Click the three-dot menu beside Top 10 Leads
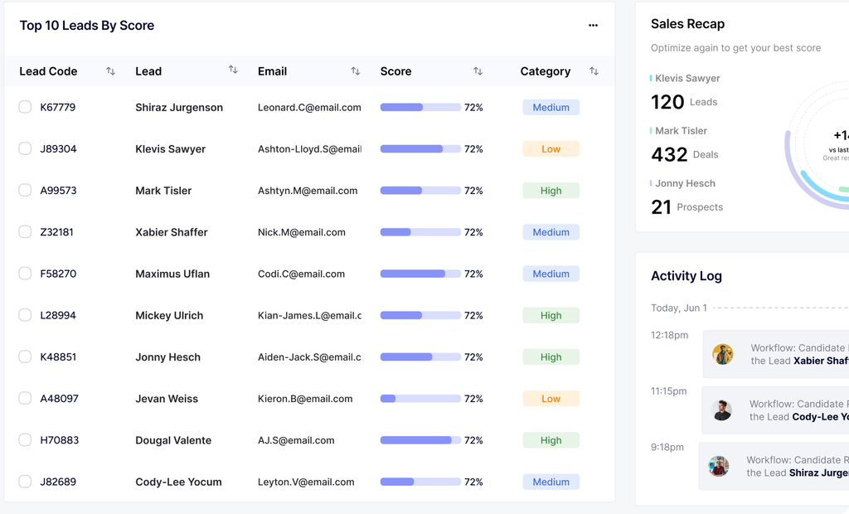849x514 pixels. coord(593,26)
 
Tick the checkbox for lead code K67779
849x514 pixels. coord(25,107)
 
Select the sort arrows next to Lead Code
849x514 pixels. coord(110,71)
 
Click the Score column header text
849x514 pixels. coord(395,71)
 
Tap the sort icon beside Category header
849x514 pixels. coord(594,71)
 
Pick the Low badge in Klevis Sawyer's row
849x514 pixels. coord(551,149)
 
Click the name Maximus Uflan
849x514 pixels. coord(172,274)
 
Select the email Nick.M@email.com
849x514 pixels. coord(301,232)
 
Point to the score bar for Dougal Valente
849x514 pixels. coord(420,440)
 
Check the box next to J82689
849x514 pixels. coord(25,482)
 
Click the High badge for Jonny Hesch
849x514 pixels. coord(551,357)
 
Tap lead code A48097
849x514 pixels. coord(60,399)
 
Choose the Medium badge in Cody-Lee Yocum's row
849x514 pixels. coord(551,482)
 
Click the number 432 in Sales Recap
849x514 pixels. coord(669,155)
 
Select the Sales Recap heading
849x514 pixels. coord(687,24)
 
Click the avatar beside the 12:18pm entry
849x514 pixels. coord(723,354)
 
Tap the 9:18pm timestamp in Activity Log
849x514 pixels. coord(667,447)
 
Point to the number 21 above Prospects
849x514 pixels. coord(661,207)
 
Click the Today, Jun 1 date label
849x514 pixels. coord(679,308)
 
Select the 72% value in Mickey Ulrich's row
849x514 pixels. coord(473,316)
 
